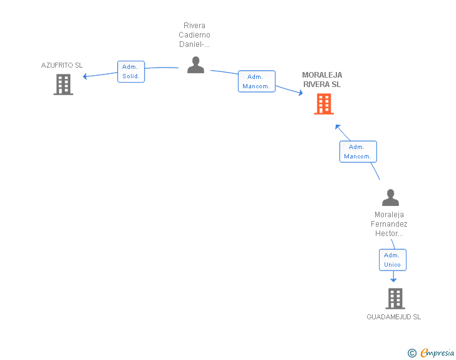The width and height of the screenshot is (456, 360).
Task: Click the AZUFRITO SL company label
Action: (62, 65)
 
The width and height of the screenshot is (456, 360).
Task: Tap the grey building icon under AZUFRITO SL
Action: (63, 85)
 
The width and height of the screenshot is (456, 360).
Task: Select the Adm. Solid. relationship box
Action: (131, 71)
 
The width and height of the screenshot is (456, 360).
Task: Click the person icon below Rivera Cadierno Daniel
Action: (195, 65)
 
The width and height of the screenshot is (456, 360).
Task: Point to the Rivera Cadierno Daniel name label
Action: (194, 35)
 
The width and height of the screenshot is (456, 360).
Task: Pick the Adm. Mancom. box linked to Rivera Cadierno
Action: (257, 81)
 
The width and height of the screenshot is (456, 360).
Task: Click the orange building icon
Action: (324, 104)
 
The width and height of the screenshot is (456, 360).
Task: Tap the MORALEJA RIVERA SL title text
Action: (322, 80)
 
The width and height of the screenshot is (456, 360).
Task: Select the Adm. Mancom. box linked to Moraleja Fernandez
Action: (358, 152)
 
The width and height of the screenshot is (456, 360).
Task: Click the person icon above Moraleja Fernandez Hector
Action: (390, 197)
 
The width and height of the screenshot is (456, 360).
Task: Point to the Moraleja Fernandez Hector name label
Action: (389, 224)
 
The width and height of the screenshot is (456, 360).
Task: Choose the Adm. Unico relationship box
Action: (393, 260)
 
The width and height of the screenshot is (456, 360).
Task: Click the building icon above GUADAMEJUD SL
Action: (395, 299)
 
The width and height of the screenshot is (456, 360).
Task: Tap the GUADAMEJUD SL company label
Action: (394, 317)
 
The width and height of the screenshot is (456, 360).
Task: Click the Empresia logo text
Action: (437, 352)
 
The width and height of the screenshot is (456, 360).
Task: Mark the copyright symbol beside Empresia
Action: (412, 353)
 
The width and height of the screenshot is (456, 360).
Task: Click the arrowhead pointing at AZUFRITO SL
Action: (85, 76)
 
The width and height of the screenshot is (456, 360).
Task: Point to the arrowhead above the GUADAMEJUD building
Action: (393, 280)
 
